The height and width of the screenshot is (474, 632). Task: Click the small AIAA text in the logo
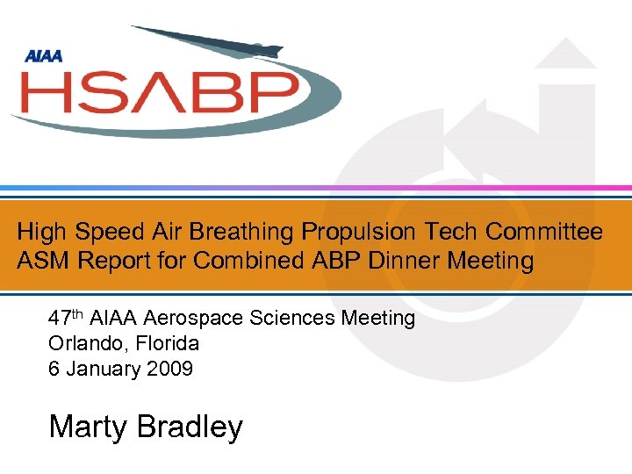[43, 56]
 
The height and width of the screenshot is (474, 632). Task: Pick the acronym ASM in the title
[41, 261]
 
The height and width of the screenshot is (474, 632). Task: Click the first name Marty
[86, 427]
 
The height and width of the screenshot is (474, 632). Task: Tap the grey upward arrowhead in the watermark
[565, 54]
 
